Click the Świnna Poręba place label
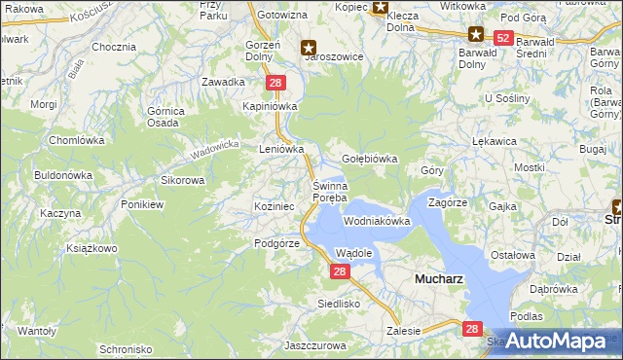point(329,192)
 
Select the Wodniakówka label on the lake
point(377,222)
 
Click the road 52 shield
point(502,38)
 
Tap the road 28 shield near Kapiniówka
point(275,84)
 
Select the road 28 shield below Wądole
point(339,271)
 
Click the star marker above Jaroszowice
point(309,46)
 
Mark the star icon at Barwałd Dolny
point(476,33)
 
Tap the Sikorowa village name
point(182,180)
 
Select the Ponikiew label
point(142,205)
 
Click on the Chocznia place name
point(114,47)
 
